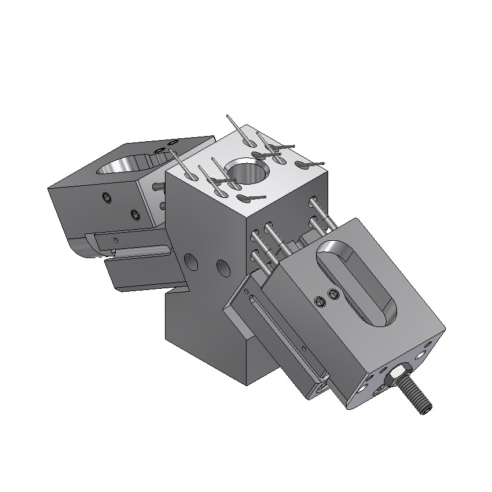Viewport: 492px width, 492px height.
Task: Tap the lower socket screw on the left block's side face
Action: point(134,215)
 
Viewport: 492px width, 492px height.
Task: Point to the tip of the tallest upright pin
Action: point(230,116)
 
